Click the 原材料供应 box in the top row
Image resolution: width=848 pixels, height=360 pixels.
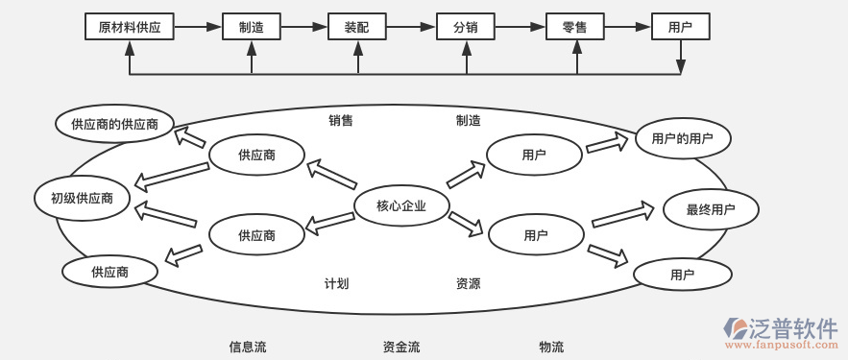click(x=130, y=27)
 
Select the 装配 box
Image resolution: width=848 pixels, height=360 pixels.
click(x=356, y=27)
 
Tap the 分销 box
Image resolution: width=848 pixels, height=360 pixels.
click(x=466, y=27)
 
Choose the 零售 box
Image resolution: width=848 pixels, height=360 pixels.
click(x=574, y=27)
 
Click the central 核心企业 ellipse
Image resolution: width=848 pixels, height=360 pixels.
click(x=401, y=205)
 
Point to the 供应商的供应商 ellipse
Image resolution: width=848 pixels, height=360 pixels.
click(x=114, y=124)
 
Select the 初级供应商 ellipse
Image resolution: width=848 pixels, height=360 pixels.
click(x=82, y=199)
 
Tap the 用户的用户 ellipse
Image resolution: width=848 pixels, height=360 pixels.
click(x=682, y=139)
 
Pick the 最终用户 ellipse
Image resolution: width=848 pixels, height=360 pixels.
click(x=711, y=209)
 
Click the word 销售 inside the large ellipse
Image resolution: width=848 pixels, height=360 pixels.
click(x=341, y=120)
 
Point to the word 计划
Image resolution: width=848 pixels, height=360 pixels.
click(x=336, y=283)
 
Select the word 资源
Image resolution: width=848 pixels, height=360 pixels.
click(x=469, y=283)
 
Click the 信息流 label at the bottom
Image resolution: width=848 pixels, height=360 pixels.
click(x=248, y=347)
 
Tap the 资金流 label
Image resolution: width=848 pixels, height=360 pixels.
click(x=401, y=347)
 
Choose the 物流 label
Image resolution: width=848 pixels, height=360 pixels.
click(x=551, y=347)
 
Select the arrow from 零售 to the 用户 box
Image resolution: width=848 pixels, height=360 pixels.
click(x=627, y=27)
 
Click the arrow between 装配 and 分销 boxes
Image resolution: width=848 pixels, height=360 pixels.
click(x=410, y=27)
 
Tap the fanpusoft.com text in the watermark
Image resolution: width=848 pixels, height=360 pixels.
click(x=781, y=344)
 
